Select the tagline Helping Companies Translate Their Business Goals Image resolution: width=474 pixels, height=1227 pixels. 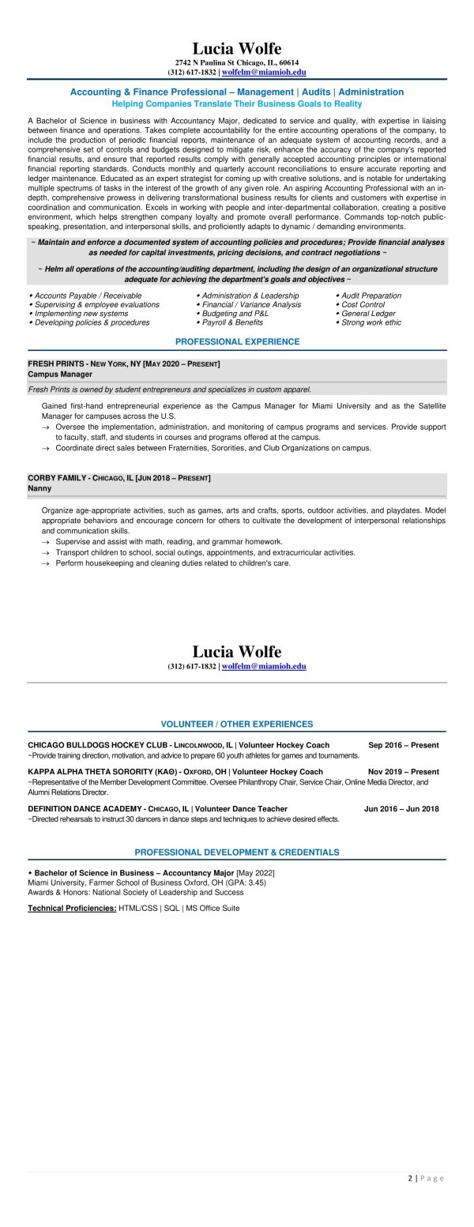[237, 104]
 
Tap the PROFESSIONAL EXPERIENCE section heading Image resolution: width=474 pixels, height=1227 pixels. [237, 341]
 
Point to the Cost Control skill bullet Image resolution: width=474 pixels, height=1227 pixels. [363, 304]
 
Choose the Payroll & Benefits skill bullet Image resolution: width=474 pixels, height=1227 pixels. [232, 322]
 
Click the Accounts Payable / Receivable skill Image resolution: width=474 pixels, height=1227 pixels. [88, 295]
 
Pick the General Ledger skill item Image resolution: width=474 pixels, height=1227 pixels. [368, 314]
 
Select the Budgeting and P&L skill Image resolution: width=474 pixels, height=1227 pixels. [235, 314]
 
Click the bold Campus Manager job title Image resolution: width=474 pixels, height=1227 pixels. [60, 374]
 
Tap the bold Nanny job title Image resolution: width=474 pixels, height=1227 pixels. [39, 488]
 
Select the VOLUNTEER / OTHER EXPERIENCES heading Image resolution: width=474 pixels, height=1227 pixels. [237, 724]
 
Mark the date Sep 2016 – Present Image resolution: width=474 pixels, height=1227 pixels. [403, 745]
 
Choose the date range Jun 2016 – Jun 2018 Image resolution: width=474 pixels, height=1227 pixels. [401, 808]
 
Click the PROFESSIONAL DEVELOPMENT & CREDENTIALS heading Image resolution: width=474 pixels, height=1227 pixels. [237, 853]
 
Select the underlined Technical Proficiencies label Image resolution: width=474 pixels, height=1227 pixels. [72, 909]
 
